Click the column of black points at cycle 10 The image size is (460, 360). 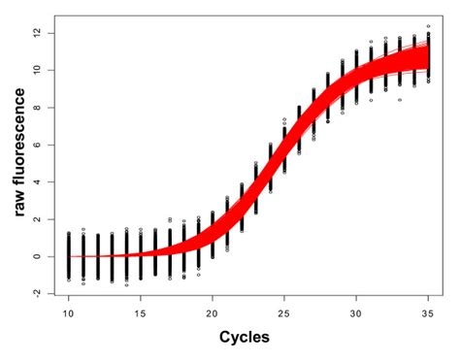(69, 257)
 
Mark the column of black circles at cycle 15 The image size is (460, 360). (141, 254)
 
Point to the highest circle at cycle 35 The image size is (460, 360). (428, 26)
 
